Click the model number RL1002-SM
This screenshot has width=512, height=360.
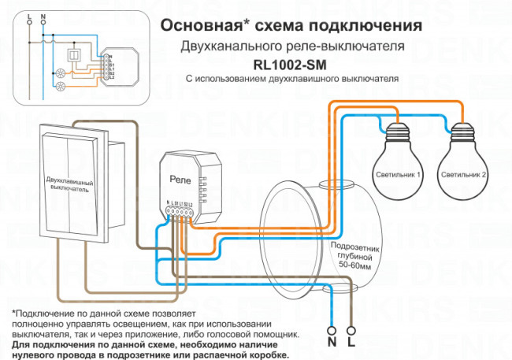(x=291, y=64)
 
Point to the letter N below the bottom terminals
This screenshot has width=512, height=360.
(x=332, y=344)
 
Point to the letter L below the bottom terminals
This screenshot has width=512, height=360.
(x=351, y=344)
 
